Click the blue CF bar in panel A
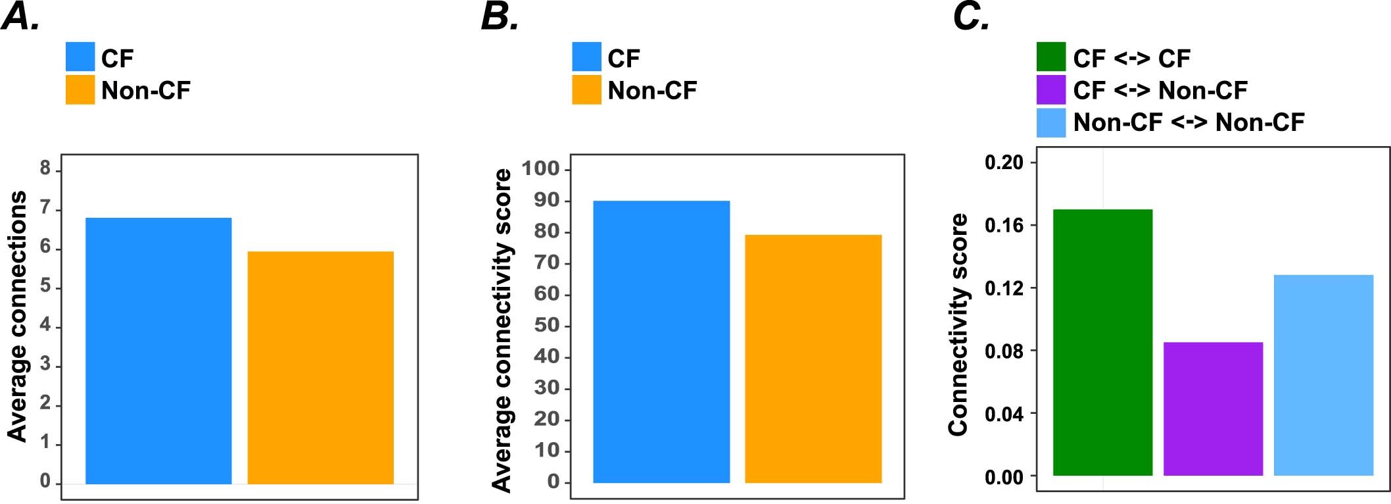pyautogui.click(x=158, y=351)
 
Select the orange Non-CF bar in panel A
pyautogui.click(x=320, y=368)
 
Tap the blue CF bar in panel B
pyautogui.click(x=661, y=341)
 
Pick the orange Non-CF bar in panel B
pyautogui.click(x=813, y=359)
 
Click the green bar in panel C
pyautogui.click(x=1102, y=342)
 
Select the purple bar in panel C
pyautogui.click(x=1213, y=409)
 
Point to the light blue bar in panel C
pyautogui.click(x=1323, y=375)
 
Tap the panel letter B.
pyautogui.click(x=500, y=16)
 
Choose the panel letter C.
pyautogui.click(x=971, y=16)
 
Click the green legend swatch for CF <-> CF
pyautogui.click(x=1050, y=57)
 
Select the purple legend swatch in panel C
pyautogui.click(x=1050, y=89)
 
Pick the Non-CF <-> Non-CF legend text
pyautogui.click(x=1189, y=122)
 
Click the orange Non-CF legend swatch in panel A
pyautogui.click(x=80, y=89)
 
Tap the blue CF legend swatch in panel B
pyautogui.click(x=586, y=57)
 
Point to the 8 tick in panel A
pyautogui.click(x=45, y=168)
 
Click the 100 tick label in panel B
pyautogui.click(x=540, y=168)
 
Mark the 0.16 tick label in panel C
pyautogui.click(x=1004, y=226)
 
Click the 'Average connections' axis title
pyautogui.click(x=18, y=316)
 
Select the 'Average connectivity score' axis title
pyautogui.click(x=502, y=330)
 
